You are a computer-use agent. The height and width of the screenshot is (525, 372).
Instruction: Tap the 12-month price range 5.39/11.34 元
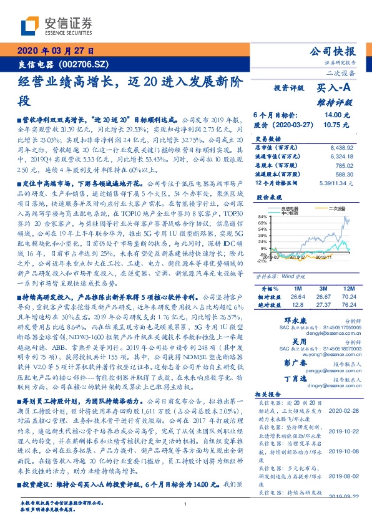tap(335, 183)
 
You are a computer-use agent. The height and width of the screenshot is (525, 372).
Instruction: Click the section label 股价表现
tap(267, 195)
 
